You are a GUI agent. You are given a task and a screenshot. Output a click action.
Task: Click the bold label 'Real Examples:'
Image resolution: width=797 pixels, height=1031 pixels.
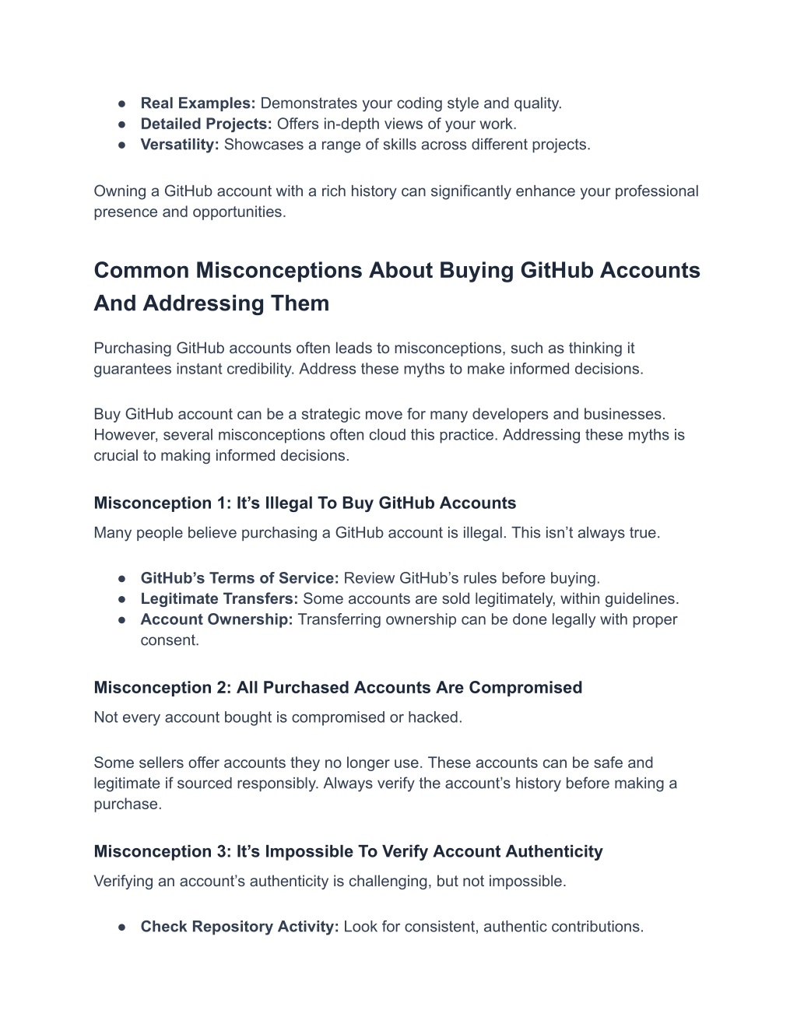tap(198, 103)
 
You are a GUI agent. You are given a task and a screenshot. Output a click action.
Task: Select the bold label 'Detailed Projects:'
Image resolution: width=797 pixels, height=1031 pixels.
tap(205, 124)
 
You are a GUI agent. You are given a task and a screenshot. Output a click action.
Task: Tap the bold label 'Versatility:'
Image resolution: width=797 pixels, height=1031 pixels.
tap(180, 145)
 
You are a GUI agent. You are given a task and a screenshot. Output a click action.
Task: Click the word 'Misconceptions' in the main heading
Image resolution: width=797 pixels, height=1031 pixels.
tap(279, 271)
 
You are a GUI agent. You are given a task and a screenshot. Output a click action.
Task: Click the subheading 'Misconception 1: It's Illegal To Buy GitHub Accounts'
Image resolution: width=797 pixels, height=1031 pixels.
tap(304, 503)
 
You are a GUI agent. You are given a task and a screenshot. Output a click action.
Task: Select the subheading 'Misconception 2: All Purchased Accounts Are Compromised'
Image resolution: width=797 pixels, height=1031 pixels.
tap(338, 688)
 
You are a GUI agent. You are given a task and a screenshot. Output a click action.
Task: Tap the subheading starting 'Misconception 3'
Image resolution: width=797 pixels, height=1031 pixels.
tap(348, 852)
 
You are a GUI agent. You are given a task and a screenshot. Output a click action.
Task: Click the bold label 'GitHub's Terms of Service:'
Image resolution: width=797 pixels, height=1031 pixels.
tap(239, 579)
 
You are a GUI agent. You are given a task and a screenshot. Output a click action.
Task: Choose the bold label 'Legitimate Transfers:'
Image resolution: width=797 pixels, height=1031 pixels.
tap(219, 599)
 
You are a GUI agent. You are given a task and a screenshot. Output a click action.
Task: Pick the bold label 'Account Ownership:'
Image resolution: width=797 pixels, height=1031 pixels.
tap(216, 620)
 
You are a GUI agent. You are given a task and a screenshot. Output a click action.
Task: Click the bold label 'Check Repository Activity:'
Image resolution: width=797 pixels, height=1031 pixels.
tap(239, 927)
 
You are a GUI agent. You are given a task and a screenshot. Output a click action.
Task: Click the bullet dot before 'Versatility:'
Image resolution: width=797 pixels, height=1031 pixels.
tap(122, 145)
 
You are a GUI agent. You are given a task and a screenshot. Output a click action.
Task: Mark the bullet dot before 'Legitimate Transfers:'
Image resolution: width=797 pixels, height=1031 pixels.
tap(122, 599)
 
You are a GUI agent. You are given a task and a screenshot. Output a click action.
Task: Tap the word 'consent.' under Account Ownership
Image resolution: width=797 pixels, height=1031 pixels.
tap(170, 640)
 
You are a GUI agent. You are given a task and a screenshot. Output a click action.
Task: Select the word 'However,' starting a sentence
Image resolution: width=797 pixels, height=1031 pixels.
tap(126, 435)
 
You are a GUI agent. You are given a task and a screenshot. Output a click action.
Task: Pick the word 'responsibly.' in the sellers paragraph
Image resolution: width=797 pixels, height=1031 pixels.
tap(276, 784)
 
